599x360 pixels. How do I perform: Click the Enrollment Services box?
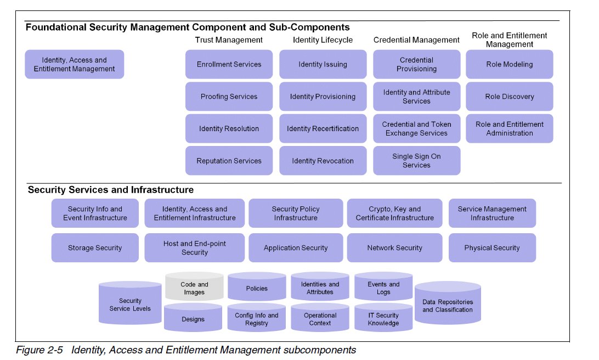pyautogui.click(x=229, y=64)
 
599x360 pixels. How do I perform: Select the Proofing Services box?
pyautogui.click(x=229, y=97)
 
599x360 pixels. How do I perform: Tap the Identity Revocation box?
pyautogui.click(x=323, y=161)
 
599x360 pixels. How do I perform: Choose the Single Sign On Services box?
pyautogui.click(x=416, y=161)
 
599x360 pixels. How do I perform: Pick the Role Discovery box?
pyautogui.click(x=509, y=97)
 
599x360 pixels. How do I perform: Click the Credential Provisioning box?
pyautogui.click(x=416, y=64)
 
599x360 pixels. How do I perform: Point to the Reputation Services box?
pyautogui.click(x=229, y=161)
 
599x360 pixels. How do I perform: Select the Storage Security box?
pyautogui.click(x=95, y=248)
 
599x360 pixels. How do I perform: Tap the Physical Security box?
pyautogui.click(x=492, y=248)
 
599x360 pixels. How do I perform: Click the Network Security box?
pyautogui.click(x=394, y=248)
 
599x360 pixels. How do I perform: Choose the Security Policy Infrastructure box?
pyautogui.click(x=295, y=213)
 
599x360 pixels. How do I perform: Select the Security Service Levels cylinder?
pyautogui.click(x=130, y=305)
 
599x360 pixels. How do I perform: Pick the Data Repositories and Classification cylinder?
pyautogui.click(x=448, y=305)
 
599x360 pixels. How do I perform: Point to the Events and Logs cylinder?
pyautogui.click(x=383, y=287)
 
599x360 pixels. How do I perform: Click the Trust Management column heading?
pyautogui.click(x=229, y=40)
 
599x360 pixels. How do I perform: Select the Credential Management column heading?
pyautogui.click(x=416, y=40)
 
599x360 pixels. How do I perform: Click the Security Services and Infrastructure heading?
pyautogui.click(x=110, y=190)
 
